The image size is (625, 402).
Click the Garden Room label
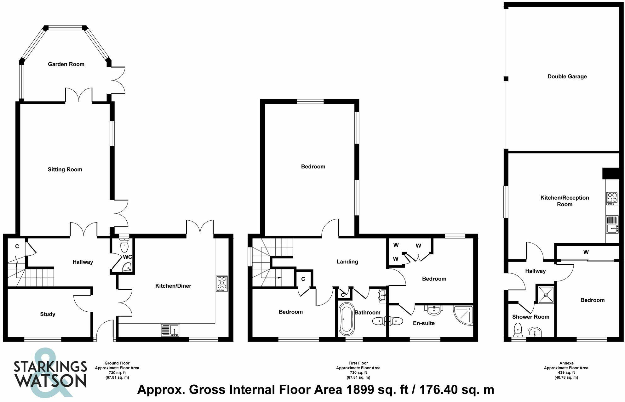pyautogui.click(x=66, y=64)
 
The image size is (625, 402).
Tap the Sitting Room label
pyautogui.click(x=65, y=169)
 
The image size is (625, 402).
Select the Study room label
pyautogui.click(x=48, y=314)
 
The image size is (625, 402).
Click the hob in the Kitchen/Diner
pyautogui.click(x=222, y=283)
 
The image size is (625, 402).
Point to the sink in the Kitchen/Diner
pyautogui.click(x=170, y=330)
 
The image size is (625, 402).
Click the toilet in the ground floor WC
pyautogui.click(x=124, y=245)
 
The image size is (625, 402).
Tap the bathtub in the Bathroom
pyautogui.click(x=346, y=319)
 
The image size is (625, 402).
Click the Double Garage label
pyautogui.click(x=567, y=76)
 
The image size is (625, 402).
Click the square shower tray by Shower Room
pyautogui.click(x=546, y=295)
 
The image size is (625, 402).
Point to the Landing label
pyautogui.click(x=347, y=262)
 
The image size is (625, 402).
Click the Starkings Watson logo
pyautogui.click(x=50, y=373)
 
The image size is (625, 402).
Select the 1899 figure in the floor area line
pyautogui.click(x=359, y=390)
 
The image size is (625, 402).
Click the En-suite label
pyautogui.click(x=424, y=323)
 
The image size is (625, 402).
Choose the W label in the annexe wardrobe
pyautogui.click(x=586, y=252)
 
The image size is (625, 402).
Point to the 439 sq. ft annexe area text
pyautogui.click(x=566, y=373)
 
